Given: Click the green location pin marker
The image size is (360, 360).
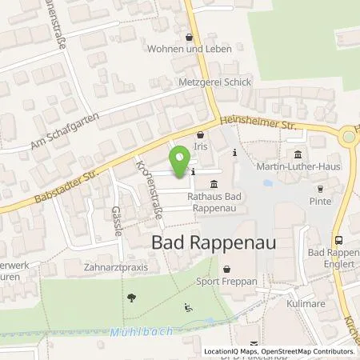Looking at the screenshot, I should [x=180, y=158].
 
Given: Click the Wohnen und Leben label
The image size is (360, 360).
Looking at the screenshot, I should [x=190, y=49].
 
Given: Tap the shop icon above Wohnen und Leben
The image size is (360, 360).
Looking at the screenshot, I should [x=189, y=37].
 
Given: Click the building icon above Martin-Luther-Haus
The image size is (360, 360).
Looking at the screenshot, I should [x=298, y=154].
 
